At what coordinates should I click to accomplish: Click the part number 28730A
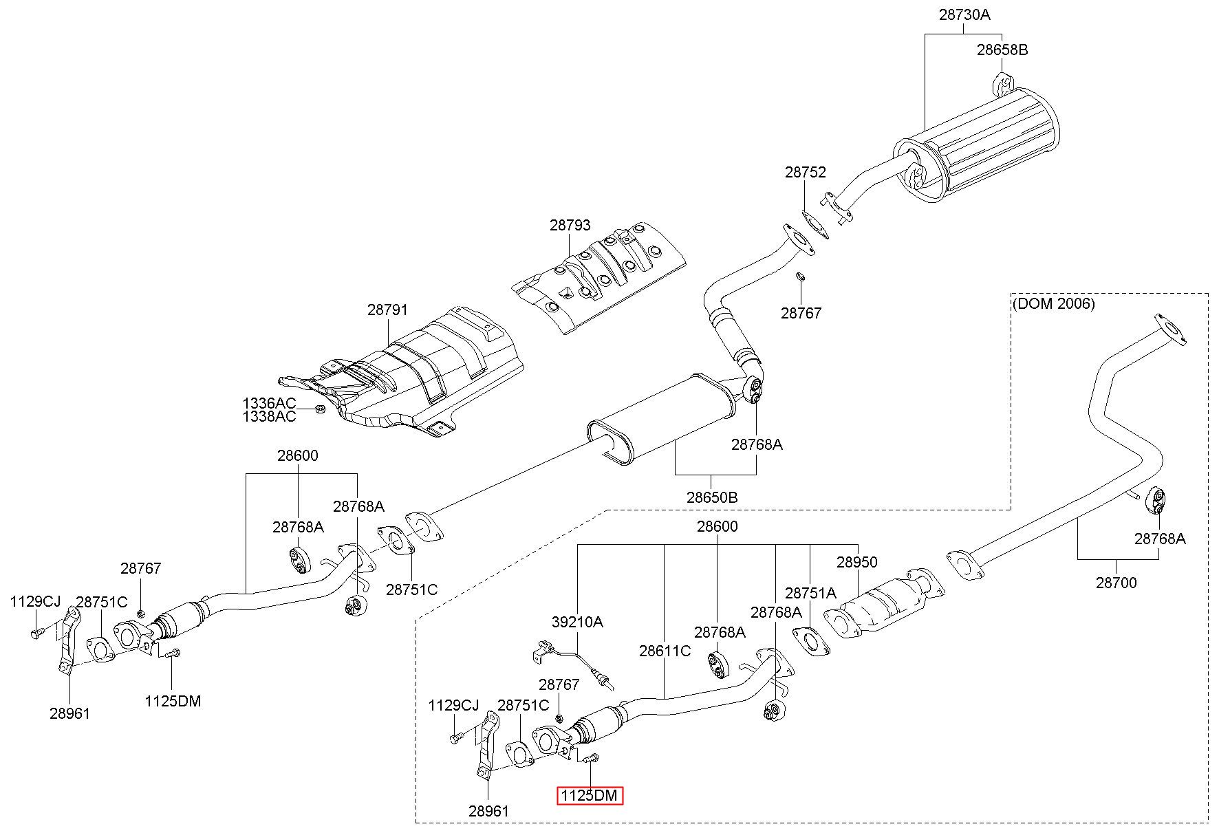[x=964, y=14]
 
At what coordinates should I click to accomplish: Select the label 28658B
[x=1002, y=50]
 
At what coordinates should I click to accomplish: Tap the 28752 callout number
[x=805, y=172]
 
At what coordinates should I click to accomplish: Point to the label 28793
[x=570, y=225]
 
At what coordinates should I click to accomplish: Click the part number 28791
[x=387, y=310]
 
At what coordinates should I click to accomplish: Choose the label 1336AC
[x=269, y=402]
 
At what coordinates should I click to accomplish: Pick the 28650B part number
[x=712, y=497]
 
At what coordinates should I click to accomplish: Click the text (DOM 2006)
[x=1053, y=303]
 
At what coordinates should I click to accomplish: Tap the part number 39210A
[x=577, y=622]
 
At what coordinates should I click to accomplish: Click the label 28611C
[x=665, y=651]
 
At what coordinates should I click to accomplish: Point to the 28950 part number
[x=857, y=562]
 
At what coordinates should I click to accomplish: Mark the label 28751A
[x=810, y=593]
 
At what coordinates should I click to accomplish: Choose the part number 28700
[x=1116, y=583]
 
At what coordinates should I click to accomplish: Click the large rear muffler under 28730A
[x=977, y=144]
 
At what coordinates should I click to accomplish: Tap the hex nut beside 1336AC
[x=319, y=410]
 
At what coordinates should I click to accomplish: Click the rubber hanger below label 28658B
[x=1002, y=83]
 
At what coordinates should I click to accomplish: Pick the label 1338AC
[x=269, y=416]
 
